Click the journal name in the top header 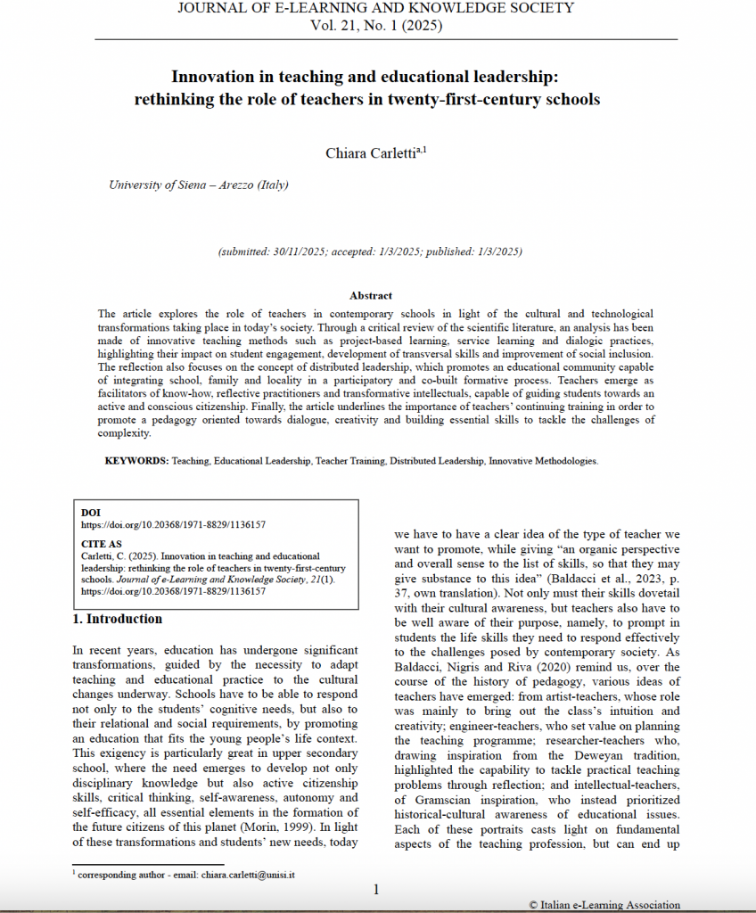(375, 8)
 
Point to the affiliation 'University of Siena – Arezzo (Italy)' (198, 185)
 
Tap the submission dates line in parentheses (370, 252)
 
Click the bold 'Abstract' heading (371, 295)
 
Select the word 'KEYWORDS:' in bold (136, 461)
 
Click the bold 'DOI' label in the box (90, 513)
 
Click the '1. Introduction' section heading (117, 619)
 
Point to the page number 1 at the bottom (376, 889)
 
